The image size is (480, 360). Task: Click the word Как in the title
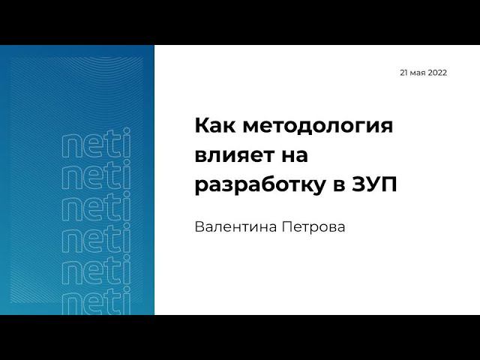[x=212, y=126]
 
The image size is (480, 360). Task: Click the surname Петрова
[x=317, y=226]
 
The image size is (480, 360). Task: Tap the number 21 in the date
[x=405, y=73]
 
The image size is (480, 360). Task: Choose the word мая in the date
[x=419, y=73]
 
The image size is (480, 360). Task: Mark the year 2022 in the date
[x=438, y=73]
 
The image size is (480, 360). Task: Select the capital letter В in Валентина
[x=199, y=226]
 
